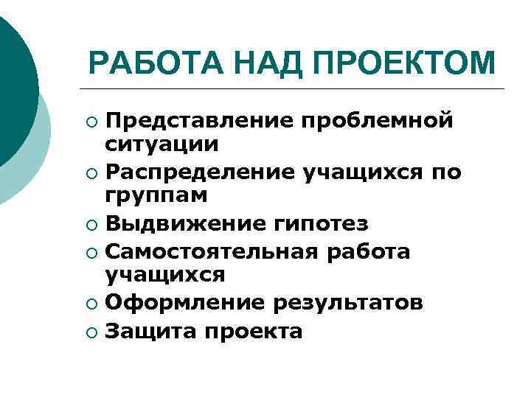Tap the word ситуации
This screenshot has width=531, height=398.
click(162, 144)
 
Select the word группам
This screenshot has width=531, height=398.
click(157, 196)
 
